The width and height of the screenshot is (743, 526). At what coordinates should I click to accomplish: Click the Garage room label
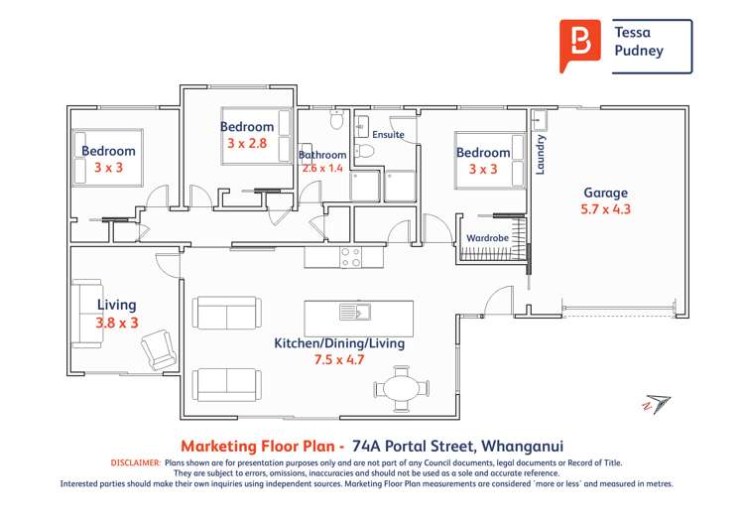pyautogui.click(x=605, y=193)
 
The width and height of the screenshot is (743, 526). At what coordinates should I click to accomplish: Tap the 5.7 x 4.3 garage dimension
pyautogui.click(x=605, y=209)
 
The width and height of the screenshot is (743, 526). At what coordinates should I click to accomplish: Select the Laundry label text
pyautogui.click(x=540, y=155)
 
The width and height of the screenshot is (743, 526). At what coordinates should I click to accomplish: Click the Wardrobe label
pyautogui.click(x=488, y=238)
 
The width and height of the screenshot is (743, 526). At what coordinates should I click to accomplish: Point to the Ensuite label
pyautogui.click(x=388, y=135)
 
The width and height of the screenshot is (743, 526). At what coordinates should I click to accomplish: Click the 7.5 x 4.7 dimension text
pyautogui.click(x=339, y=359)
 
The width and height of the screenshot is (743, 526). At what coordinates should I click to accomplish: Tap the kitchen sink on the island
pyautogui.click(x=355, y=312)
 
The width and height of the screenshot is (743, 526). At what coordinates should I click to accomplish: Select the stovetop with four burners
pyautogui.click(x=350, y=257)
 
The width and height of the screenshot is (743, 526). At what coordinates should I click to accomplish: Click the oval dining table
pyautogui.click(x=402, y=389)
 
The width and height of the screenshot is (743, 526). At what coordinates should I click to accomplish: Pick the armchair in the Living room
pyautogui.click(x=159, y=349)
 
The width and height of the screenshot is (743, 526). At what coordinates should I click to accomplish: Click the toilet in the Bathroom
pyautogui.click(x=337, y=119)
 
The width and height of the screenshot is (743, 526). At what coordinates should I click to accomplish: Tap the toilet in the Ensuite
pyautogui.click(x=364, y=151)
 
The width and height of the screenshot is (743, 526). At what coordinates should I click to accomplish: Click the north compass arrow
pyautogui.click(x=657, y=404)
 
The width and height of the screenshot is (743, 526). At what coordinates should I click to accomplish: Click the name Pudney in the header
pyautogui.click(x=639, y=51)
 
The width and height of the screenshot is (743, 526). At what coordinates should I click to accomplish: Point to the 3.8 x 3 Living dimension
pyautogui.click(x=117, y=323)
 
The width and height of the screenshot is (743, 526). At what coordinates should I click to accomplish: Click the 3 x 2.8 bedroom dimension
pyautogui.click(x=247, y=143)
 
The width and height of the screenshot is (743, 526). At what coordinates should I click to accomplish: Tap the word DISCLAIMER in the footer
pyautogui.click(x=136, y=462)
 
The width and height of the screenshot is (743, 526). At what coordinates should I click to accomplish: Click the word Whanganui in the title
pyautogui.click(x=522, y=446)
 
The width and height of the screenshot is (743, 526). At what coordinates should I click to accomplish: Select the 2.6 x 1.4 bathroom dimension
pyautogui.click(x=322, y=168)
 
